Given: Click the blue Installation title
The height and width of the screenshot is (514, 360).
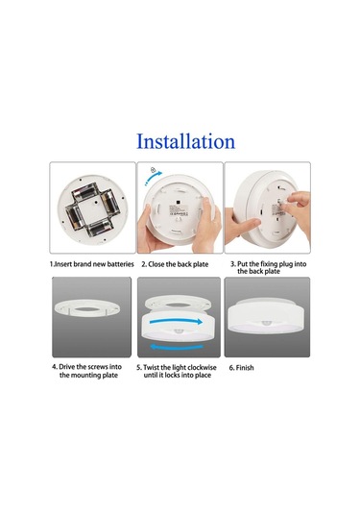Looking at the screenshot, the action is point(185,141).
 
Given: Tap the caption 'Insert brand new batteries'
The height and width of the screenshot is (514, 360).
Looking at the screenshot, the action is point(94,264).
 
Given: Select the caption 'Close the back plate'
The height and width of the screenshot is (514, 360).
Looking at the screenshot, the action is point(179,264).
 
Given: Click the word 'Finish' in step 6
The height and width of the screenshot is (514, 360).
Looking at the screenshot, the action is point(245,368).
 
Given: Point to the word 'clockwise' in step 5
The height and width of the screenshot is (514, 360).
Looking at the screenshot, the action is point(201,367).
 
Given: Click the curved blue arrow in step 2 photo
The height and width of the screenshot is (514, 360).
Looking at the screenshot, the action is point(154,178).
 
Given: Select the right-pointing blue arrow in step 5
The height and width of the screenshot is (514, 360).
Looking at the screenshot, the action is point(176,321).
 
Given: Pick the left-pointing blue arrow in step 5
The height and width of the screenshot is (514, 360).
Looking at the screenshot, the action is point(177,347).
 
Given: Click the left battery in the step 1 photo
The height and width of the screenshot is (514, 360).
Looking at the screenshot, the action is point(74,217).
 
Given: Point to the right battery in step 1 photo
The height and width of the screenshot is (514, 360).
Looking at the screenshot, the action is point(108,203).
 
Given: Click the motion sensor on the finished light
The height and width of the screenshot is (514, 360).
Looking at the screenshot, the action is point(267,323).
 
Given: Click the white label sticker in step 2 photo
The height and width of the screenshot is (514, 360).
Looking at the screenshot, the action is point(179,210).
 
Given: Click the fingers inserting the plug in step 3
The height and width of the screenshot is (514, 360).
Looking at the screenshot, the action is point(297,204).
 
